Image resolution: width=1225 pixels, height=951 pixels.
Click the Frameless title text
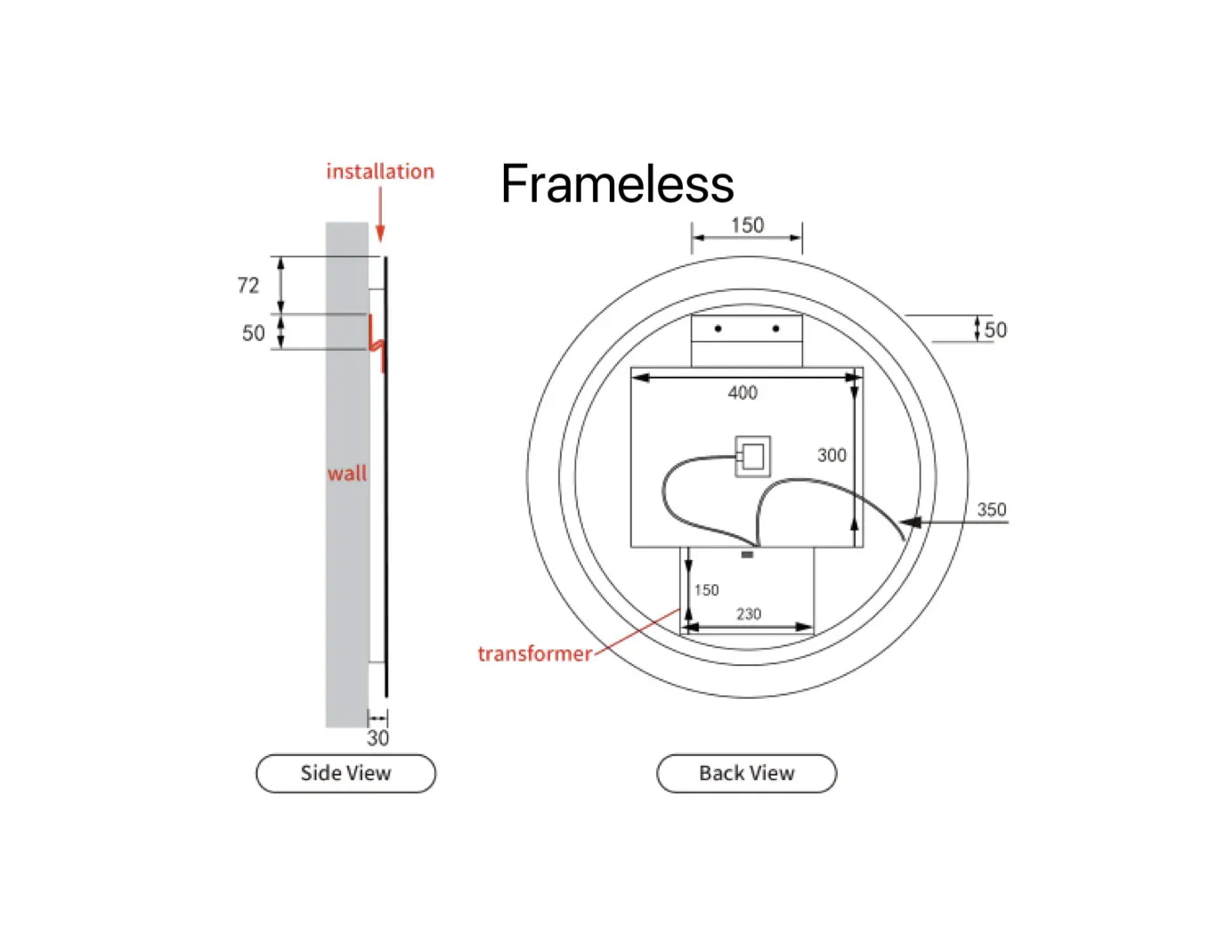(617, 183)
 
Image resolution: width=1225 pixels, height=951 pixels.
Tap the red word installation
(380, 171)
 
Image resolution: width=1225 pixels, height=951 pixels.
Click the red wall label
(347, 473)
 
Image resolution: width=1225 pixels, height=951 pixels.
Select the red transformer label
(534, 654)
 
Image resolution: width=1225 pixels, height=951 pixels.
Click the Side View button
(345, 773)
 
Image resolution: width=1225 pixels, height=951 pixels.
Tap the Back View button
(746, 773)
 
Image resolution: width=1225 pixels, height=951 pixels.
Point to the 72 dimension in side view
(248, 285)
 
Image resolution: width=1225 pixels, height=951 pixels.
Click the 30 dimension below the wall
(377, 738)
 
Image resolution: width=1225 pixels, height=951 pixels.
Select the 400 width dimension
(742, 393)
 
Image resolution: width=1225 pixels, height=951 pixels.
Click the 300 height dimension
(832, 455)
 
